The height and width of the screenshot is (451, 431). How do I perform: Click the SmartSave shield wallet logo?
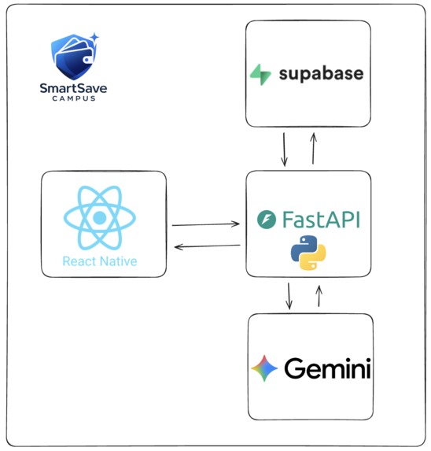tap(75, 57)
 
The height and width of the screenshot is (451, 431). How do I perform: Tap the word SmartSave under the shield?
tap(74, 88)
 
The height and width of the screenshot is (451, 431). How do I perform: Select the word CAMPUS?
tap(74, 98)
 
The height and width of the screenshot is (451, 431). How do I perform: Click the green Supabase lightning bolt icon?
tap(260, 75)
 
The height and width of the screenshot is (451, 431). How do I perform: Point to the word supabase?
tap(321, 74)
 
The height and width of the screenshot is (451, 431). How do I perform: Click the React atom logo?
tap(99, 217)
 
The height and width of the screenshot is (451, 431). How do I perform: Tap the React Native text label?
tap(100, 261)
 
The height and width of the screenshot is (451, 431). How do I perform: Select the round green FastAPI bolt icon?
tap(267, 220)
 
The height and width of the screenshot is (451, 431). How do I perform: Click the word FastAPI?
tap(321, 220)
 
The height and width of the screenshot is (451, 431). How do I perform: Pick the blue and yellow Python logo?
tap(308, 253)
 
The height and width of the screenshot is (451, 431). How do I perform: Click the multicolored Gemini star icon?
tap(264, 368)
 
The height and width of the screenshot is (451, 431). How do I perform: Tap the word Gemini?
tap(327, 368)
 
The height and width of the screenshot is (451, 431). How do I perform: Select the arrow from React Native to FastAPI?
tap(206, 224)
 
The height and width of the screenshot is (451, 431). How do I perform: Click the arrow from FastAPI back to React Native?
tap(207, 246)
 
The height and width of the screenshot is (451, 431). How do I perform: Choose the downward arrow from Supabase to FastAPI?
tap(284, 150)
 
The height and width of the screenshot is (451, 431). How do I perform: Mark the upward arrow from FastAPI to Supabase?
tap(314, 149)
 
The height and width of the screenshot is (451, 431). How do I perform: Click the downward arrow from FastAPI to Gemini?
tap(289, 296)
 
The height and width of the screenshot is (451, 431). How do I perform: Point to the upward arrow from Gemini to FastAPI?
tap(319, 296)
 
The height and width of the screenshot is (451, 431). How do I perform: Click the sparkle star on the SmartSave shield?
tap(94, 38)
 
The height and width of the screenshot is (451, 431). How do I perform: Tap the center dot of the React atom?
tap(99, 218)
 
